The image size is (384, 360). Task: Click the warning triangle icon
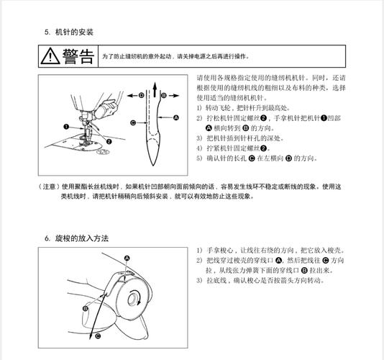coord(52,55)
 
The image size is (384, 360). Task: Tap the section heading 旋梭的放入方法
coord(83,238)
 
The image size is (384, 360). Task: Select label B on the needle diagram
coord(164,94)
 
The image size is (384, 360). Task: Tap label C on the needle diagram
coord(132,123)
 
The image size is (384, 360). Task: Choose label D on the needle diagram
coord(142,94)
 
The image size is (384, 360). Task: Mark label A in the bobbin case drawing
coord(127,258)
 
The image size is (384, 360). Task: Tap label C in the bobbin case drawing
coord(98,335)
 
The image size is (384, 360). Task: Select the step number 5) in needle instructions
coord(200,158)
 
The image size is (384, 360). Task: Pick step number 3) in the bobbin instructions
coord(200,280)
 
